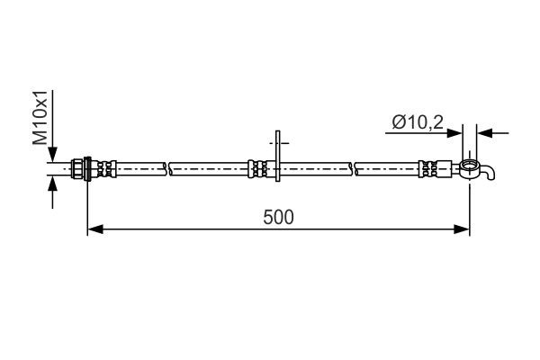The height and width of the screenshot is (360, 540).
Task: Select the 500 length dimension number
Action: [x=280, y=217]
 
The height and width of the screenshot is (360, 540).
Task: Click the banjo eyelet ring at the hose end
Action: [x=468, y=166]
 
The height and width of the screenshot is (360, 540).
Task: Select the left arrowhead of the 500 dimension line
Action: [x=94, y=230]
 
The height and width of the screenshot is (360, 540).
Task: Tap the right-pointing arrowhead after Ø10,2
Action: [x=456, y=132]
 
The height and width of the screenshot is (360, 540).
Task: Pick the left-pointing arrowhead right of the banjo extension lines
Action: [x=483, y=132]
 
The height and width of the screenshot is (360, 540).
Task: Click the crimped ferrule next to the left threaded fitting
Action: [x=105, y=167]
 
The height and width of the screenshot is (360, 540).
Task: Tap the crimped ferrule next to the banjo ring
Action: [x=432, y=167]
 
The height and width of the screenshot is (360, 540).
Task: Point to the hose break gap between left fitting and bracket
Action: [x=168, y=167]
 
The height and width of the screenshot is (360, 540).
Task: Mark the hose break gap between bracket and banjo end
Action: [x=352, y=167]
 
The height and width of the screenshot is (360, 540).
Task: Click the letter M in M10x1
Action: [x=39, y=138]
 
